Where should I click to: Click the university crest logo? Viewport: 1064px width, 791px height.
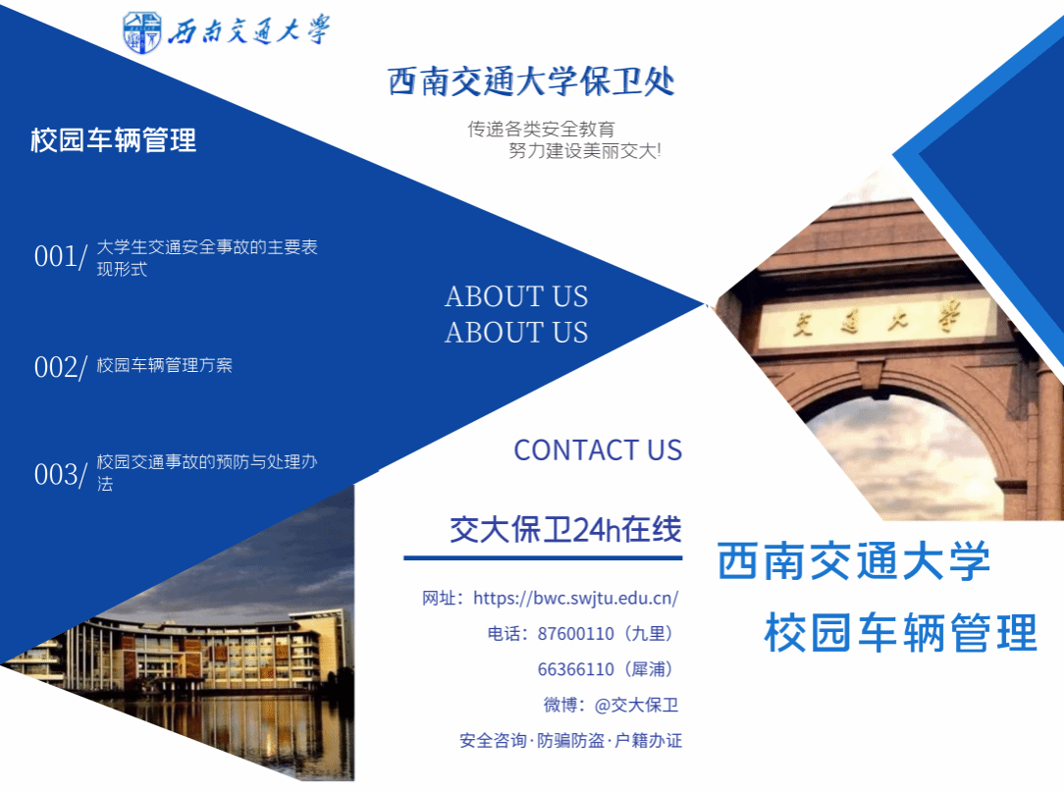pos(141,31)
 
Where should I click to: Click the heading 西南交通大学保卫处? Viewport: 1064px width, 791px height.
pos(531,81)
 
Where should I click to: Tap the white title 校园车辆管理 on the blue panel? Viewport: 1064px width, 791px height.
pos(113,140)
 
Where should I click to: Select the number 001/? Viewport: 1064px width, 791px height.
pos(61,257)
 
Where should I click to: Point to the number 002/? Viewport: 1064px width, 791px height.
pos(61,368)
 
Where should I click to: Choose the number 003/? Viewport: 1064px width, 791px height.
pos(61,475)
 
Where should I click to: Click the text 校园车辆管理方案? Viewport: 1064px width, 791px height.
pos(164,366)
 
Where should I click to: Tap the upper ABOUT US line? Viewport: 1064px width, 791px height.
pos(516,296)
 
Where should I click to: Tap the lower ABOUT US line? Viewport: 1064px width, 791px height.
pos(516,333)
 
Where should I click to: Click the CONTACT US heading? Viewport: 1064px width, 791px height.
pos(598,450)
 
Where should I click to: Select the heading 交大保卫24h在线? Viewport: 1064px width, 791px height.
pos(566,530)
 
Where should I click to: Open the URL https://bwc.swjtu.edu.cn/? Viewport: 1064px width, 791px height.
pos(575,598)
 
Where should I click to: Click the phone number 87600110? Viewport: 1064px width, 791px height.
pos(575,634)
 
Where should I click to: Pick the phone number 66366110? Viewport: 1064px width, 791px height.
pos(575,669)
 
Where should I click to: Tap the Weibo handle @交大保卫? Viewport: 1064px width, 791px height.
pos(636,706)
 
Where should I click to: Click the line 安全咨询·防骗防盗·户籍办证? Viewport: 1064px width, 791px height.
pos(570,741)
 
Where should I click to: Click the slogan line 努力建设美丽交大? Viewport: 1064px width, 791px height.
pos(585,150)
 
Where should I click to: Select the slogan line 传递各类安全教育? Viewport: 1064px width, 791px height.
pos(541,129)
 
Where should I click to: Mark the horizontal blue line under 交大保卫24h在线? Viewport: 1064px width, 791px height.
pos(543,557)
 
